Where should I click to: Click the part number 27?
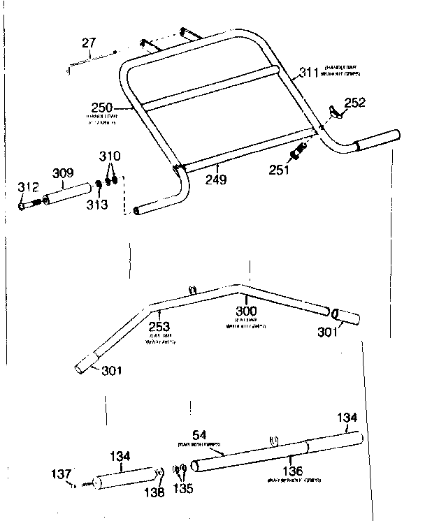(x=88, y=44)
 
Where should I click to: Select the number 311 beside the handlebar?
(x=308, y=71)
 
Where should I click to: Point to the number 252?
(x=354, y=103)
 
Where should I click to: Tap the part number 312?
(x=29, y=186)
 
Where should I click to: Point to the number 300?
(x=246, y=311)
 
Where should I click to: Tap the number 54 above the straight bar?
(x=198, y=435)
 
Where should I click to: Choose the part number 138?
(x=157, y=492)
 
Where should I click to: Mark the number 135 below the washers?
(x=184, y=489)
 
